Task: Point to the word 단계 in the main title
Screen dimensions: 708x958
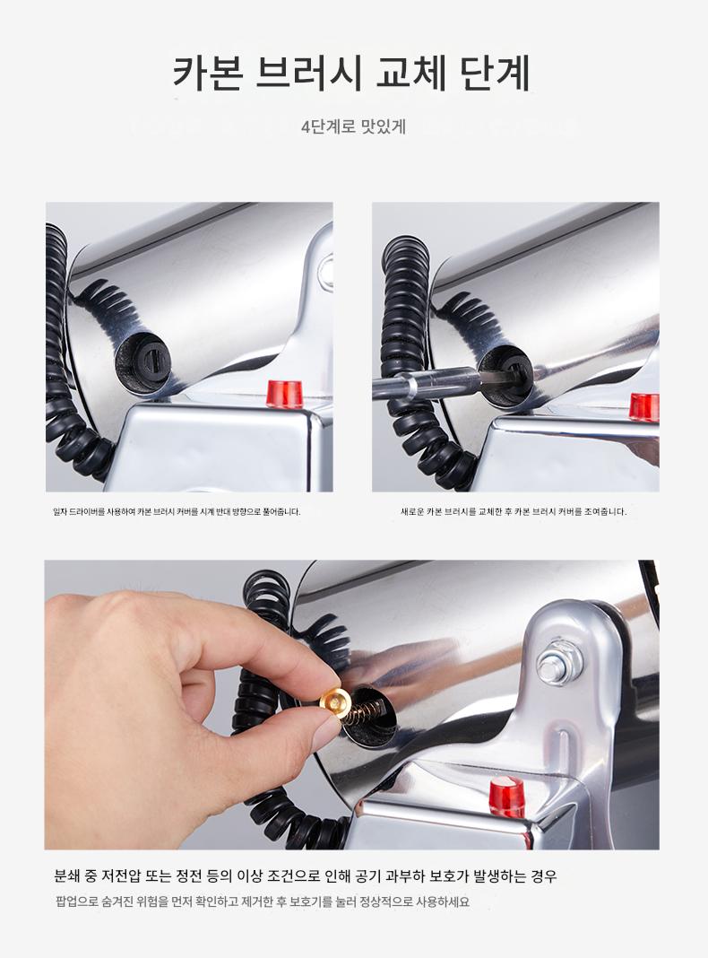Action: pos(496,74)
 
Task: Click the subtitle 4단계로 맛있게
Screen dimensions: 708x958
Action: pos(353,127)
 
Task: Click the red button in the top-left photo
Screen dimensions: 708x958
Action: pos(286,394)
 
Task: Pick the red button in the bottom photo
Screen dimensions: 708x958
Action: pos(506,797)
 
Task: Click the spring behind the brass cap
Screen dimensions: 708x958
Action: pos(363,710)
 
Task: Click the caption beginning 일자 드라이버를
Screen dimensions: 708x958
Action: pos(177,512)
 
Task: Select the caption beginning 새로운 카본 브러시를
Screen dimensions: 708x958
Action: pos(514,512)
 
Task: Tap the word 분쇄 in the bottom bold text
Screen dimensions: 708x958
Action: pos(67,876)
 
